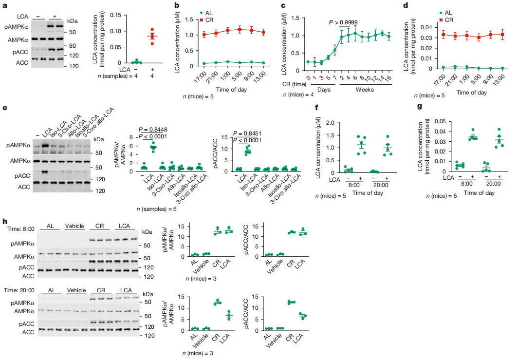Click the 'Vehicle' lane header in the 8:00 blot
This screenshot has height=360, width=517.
[x=75, y=226]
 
